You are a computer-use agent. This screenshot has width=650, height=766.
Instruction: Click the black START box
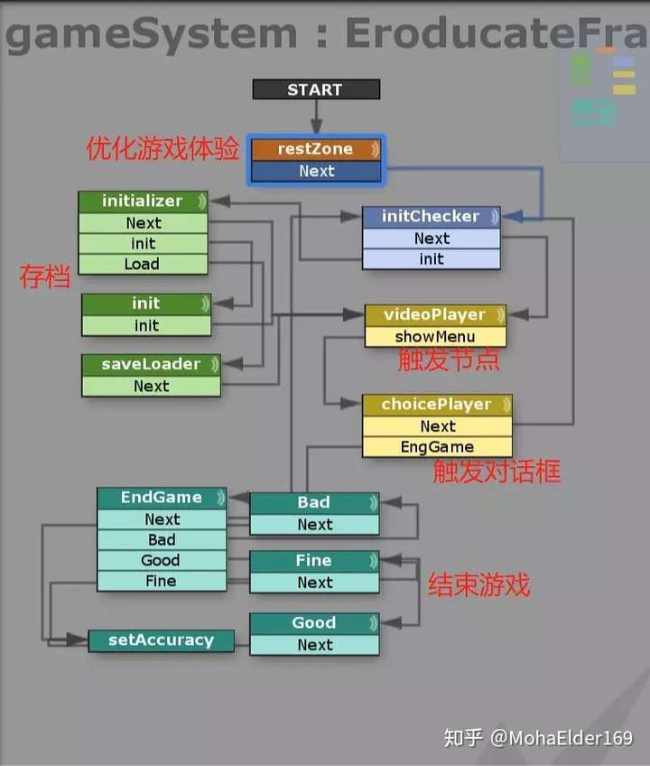(316, 89)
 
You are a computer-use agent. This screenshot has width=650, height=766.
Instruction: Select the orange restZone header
(316, 149)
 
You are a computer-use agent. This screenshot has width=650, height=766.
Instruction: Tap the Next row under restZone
(316, 171)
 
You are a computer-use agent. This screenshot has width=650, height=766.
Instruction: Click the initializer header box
(143, 201)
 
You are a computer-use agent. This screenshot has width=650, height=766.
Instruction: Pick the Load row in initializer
(143, 264)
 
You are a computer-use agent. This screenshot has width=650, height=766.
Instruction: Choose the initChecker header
(432, 217)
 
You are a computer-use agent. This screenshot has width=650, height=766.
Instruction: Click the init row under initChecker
(432, 259)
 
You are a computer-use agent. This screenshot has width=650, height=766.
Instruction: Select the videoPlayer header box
(435, 315)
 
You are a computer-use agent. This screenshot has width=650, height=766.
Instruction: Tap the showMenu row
(435, 337)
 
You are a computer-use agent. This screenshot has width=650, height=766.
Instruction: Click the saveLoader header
(151, 364)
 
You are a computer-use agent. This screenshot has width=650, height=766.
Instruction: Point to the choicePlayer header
(437, 405)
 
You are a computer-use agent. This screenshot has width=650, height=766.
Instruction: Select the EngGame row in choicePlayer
(437, 447)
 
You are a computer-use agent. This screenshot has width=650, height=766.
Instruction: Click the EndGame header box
(162, 498)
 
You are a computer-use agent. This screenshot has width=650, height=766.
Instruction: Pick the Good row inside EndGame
(162, 560)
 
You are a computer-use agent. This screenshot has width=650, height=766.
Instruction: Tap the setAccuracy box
(162, 640)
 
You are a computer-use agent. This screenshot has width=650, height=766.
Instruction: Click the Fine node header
(314, 561)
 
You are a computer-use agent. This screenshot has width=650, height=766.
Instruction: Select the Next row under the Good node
(314, 645)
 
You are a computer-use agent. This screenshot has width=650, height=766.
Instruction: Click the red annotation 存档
(45, 276)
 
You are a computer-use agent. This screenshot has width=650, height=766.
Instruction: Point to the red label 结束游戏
(478, 584)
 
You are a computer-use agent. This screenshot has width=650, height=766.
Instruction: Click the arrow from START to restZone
(317, 117)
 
